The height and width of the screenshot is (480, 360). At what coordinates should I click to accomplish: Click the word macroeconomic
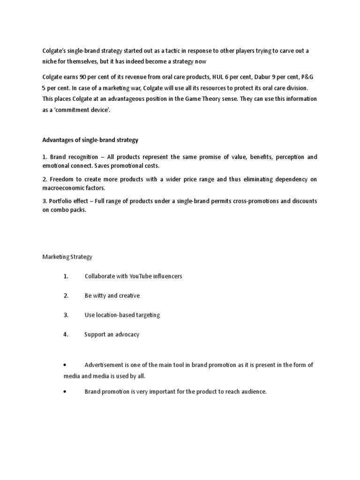[x=63, y=187]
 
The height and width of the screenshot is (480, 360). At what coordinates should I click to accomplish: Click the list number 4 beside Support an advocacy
[x=66, y=335]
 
